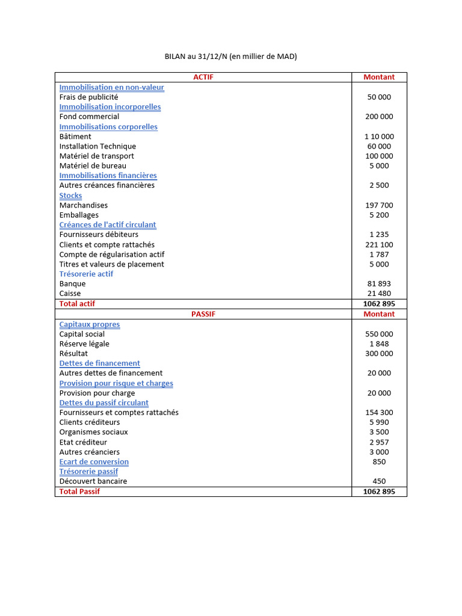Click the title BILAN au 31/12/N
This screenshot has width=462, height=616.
point(231,57)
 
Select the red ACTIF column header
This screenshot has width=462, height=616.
point(203,77)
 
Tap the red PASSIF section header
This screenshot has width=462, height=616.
point(203,314)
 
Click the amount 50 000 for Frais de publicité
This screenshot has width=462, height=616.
point(379,97)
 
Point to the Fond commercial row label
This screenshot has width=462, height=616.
point(89,117)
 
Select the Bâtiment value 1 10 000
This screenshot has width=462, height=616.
point(379,137)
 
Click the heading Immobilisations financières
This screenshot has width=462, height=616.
point(108,176)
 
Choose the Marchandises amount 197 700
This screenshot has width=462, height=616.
point(379,205)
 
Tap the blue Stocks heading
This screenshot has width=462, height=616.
point(70,196)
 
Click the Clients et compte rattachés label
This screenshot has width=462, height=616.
point(106,245)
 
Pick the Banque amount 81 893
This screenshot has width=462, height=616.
point(379,284)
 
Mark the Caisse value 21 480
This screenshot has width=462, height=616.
point(379,294)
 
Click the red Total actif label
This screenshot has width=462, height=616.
point(77,304)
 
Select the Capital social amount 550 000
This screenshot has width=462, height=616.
point(379,334)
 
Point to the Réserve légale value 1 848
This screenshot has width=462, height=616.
point(379,344)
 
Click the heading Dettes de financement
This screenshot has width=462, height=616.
point(99,363)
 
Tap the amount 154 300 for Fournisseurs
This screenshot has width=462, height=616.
point(379,413)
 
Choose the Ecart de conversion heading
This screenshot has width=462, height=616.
point(94,462)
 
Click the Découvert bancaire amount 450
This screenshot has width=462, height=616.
point(379,481)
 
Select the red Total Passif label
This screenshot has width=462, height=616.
point(79,491)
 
